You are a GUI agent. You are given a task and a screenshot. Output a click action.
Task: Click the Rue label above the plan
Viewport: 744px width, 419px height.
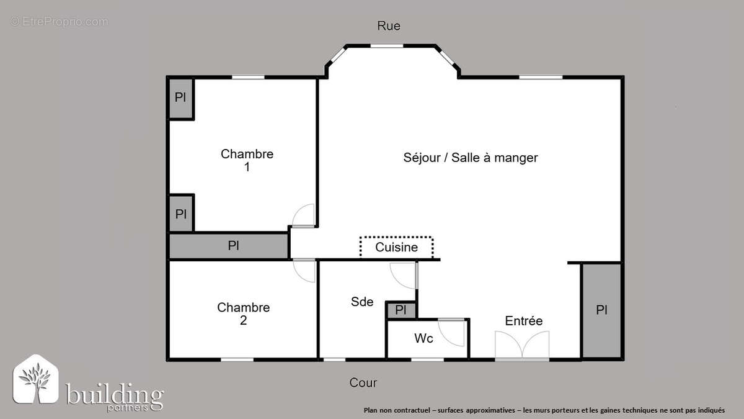pos(389,26)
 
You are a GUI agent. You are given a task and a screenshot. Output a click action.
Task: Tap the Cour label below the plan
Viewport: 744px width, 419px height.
pos(363,383)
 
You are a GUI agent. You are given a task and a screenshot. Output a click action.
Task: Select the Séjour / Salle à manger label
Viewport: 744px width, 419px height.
pos(470,158)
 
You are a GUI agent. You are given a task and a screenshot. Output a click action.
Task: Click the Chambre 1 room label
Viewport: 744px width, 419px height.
pos(247,160)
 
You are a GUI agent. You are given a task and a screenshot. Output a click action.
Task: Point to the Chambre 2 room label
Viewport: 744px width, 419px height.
pos(243,313)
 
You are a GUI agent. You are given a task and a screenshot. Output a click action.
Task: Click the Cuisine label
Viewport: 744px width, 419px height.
pos(396,247)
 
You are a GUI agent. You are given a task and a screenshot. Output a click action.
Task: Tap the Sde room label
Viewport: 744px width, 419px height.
pos(362,302)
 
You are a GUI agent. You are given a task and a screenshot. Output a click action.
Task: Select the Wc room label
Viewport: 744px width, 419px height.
pos(423,339)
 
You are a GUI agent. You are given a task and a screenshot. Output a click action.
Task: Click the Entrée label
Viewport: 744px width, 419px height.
pos(523,321)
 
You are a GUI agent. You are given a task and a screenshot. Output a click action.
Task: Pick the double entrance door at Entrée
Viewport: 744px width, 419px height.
pos(522,345)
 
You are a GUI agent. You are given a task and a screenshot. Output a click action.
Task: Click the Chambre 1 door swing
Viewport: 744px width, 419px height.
pos(304,216)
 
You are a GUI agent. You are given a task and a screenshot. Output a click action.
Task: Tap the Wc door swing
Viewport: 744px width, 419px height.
pos(453,333)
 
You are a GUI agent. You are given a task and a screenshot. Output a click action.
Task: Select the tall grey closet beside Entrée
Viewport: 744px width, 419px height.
pos(601,310)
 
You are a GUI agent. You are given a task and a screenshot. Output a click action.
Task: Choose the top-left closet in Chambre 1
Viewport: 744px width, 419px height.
pos(180,98)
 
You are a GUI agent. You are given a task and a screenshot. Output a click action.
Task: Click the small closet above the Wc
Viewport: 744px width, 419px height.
pos(401,310)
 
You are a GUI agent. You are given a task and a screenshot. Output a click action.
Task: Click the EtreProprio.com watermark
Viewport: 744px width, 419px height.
pos(59,22)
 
